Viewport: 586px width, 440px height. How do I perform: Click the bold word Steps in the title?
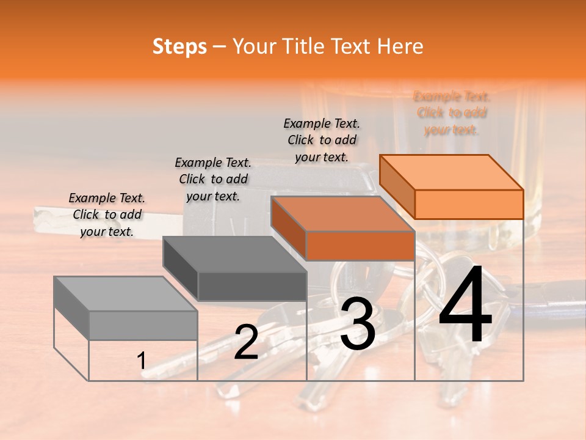pyautogui.click(x=179, y=46)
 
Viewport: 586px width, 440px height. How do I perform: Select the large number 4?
pyautogui.click(x=465, y=306)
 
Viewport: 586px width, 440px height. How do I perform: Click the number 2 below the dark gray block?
pyautogui.click(x=246, y=342)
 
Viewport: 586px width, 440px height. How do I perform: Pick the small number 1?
pyautogui.click(x=142, y=361)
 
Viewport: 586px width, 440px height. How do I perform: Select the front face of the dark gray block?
pyautogui.click(x=252, y=286)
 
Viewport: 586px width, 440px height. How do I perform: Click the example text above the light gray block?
pyautogui.click(x=107, y=215)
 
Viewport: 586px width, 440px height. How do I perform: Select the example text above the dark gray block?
pyautogui.click(x=213, y=179)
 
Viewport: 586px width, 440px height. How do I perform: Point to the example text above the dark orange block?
pyautogui.click(x=322, y=140)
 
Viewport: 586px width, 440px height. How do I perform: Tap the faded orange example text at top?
pyautogui.click(x=452, y=113)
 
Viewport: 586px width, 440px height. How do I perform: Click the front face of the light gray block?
pyautogui.click(x=143, y=325)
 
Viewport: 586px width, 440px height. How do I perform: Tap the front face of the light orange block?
pyautogui.click(x=469, y=204)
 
